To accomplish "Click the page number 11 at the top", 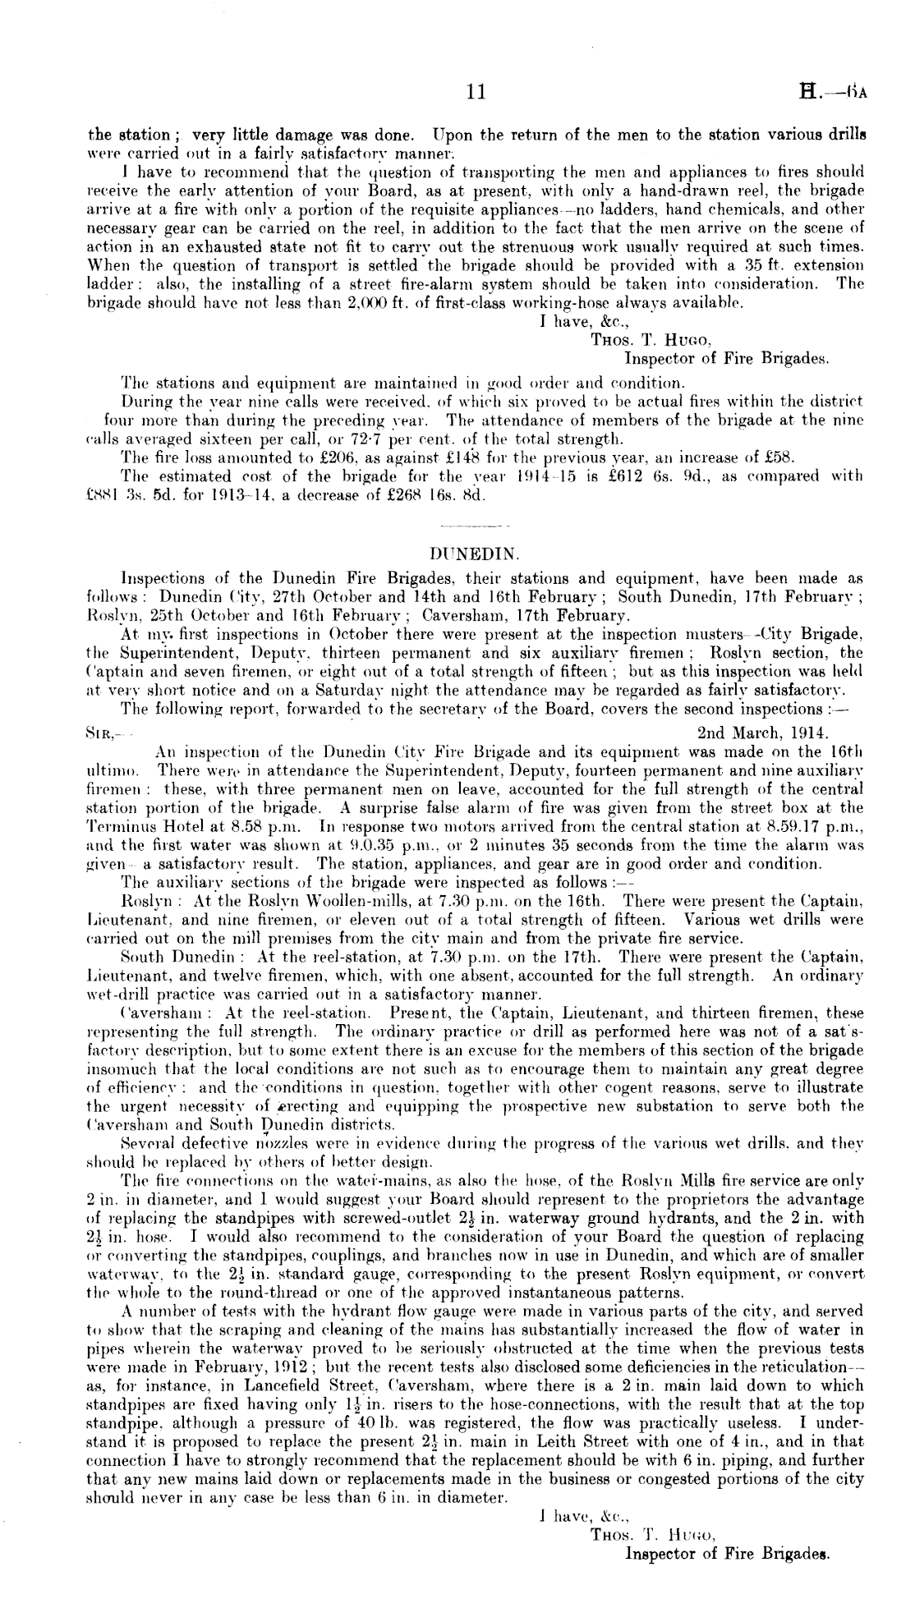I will (x=474, y=93).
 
